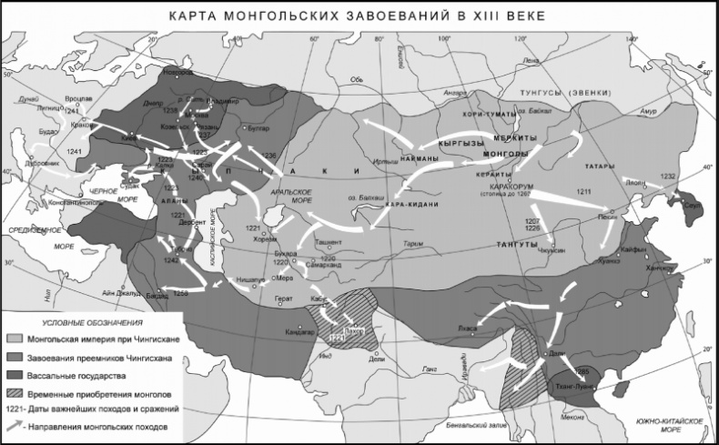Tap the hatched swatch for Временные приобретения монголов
click(x=15, y=391)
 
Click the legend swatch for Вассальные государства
click(x=15, y=375)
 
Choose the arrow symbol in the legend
click(x=15, y=426)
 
